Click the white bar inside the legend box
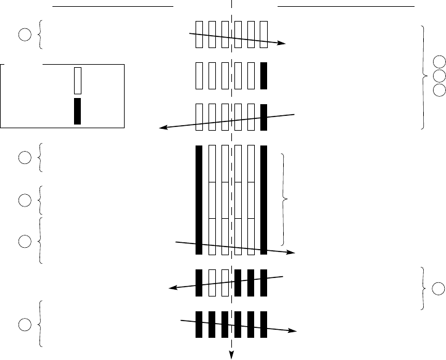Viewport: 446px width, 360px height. point(77,80)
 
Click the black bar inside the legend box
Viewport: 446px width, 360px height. point(77,111)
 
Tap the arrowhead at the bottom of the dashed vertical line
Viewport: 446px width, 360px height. point(232,353)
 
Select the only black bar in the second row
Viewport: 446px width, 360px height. point(263,75)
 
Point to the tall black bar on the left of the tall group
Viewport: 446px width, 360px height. point(199,200)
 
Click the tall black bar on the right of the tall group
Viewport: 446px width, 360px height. point(263,200)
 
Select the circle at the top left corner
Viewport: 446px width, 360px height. point(24,35)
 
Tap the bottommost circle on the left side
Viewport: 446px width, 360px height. point(24,324)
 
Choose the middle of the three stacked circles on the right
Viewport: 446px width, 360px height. point(439,75)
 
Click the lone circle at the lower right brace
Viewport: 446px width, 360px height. point(439,288)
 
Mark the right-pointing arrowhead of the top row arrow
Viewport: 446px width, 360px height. point(282,44)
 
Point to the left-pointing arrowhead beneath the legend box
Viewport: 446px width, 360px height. point(163,128)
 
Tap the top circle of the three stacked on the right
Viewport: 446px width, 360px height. point(439,61)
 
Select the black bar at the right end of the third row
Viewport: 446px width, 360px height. point(263,117)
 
